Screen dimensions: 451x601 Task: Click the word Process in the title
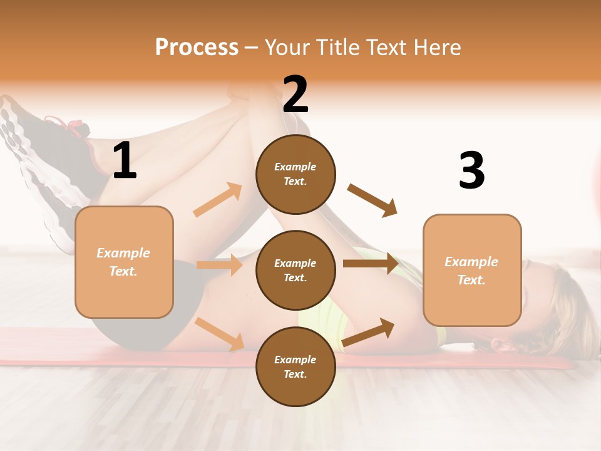tap(197, 47)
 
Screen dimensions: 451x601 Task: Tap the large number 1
tap(125, 161)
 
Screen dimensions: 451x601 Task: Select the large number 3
tap(471, 171)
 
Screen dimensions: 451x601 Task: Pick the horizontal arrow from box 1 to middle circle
tap(219, 265)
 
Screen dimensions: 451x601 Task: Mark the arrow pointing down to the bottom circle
tap(220, 334)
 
